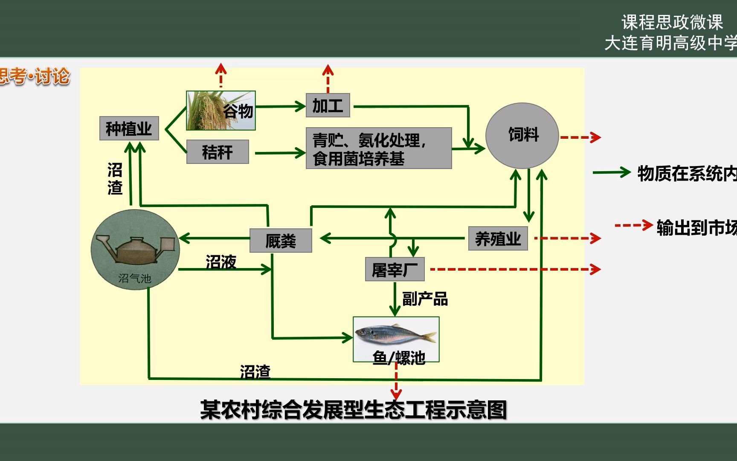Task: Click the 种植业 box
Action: [x=129, y=128]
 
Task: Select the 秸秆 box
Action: [x=218, y=152]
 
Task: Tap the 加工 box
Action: [x=328, y=105]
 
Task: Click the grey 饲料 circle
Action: [x=522, y=135]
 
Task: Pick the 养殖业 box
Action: [x=498, y=239]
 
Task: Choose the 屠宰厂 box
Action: [x=395, y=269]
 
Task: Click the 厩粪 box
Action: [x=280, y=241]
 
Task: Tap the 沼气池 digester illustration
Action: [x=135, y=249]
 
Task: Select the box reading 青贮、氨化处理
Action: [x=378, y=148]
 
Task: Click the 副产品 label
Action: [x=425, y=299]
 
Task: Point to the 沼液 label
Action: [x=221, y=262]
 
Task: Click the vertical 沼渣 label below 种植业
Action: [x=115, y=179]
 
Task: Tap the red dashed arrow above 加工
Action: [x=328, y=78]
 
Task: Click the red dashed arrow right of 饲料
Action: [x=580, y=137]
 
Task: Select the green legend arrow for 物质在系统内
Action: [x=611, y=172]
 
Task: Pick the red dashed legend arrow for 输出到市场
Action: [x=633, y=225]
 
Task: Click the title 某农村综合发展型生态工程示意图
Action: [x=353, y=410]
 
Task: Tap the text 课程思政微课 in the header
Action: [x=672, y=23]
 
